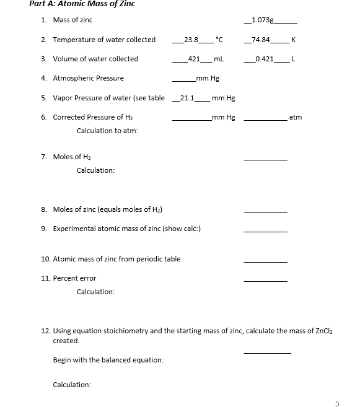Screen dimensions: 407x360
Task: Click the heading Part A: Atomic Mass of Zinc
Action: (82, 4)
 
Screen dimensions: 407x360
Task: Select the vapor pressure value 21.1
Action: (187, 98)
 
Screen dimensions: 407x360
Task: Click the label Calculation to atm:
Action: (107, 131)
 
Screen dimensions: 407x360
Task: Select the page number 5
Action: (337, 403)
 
